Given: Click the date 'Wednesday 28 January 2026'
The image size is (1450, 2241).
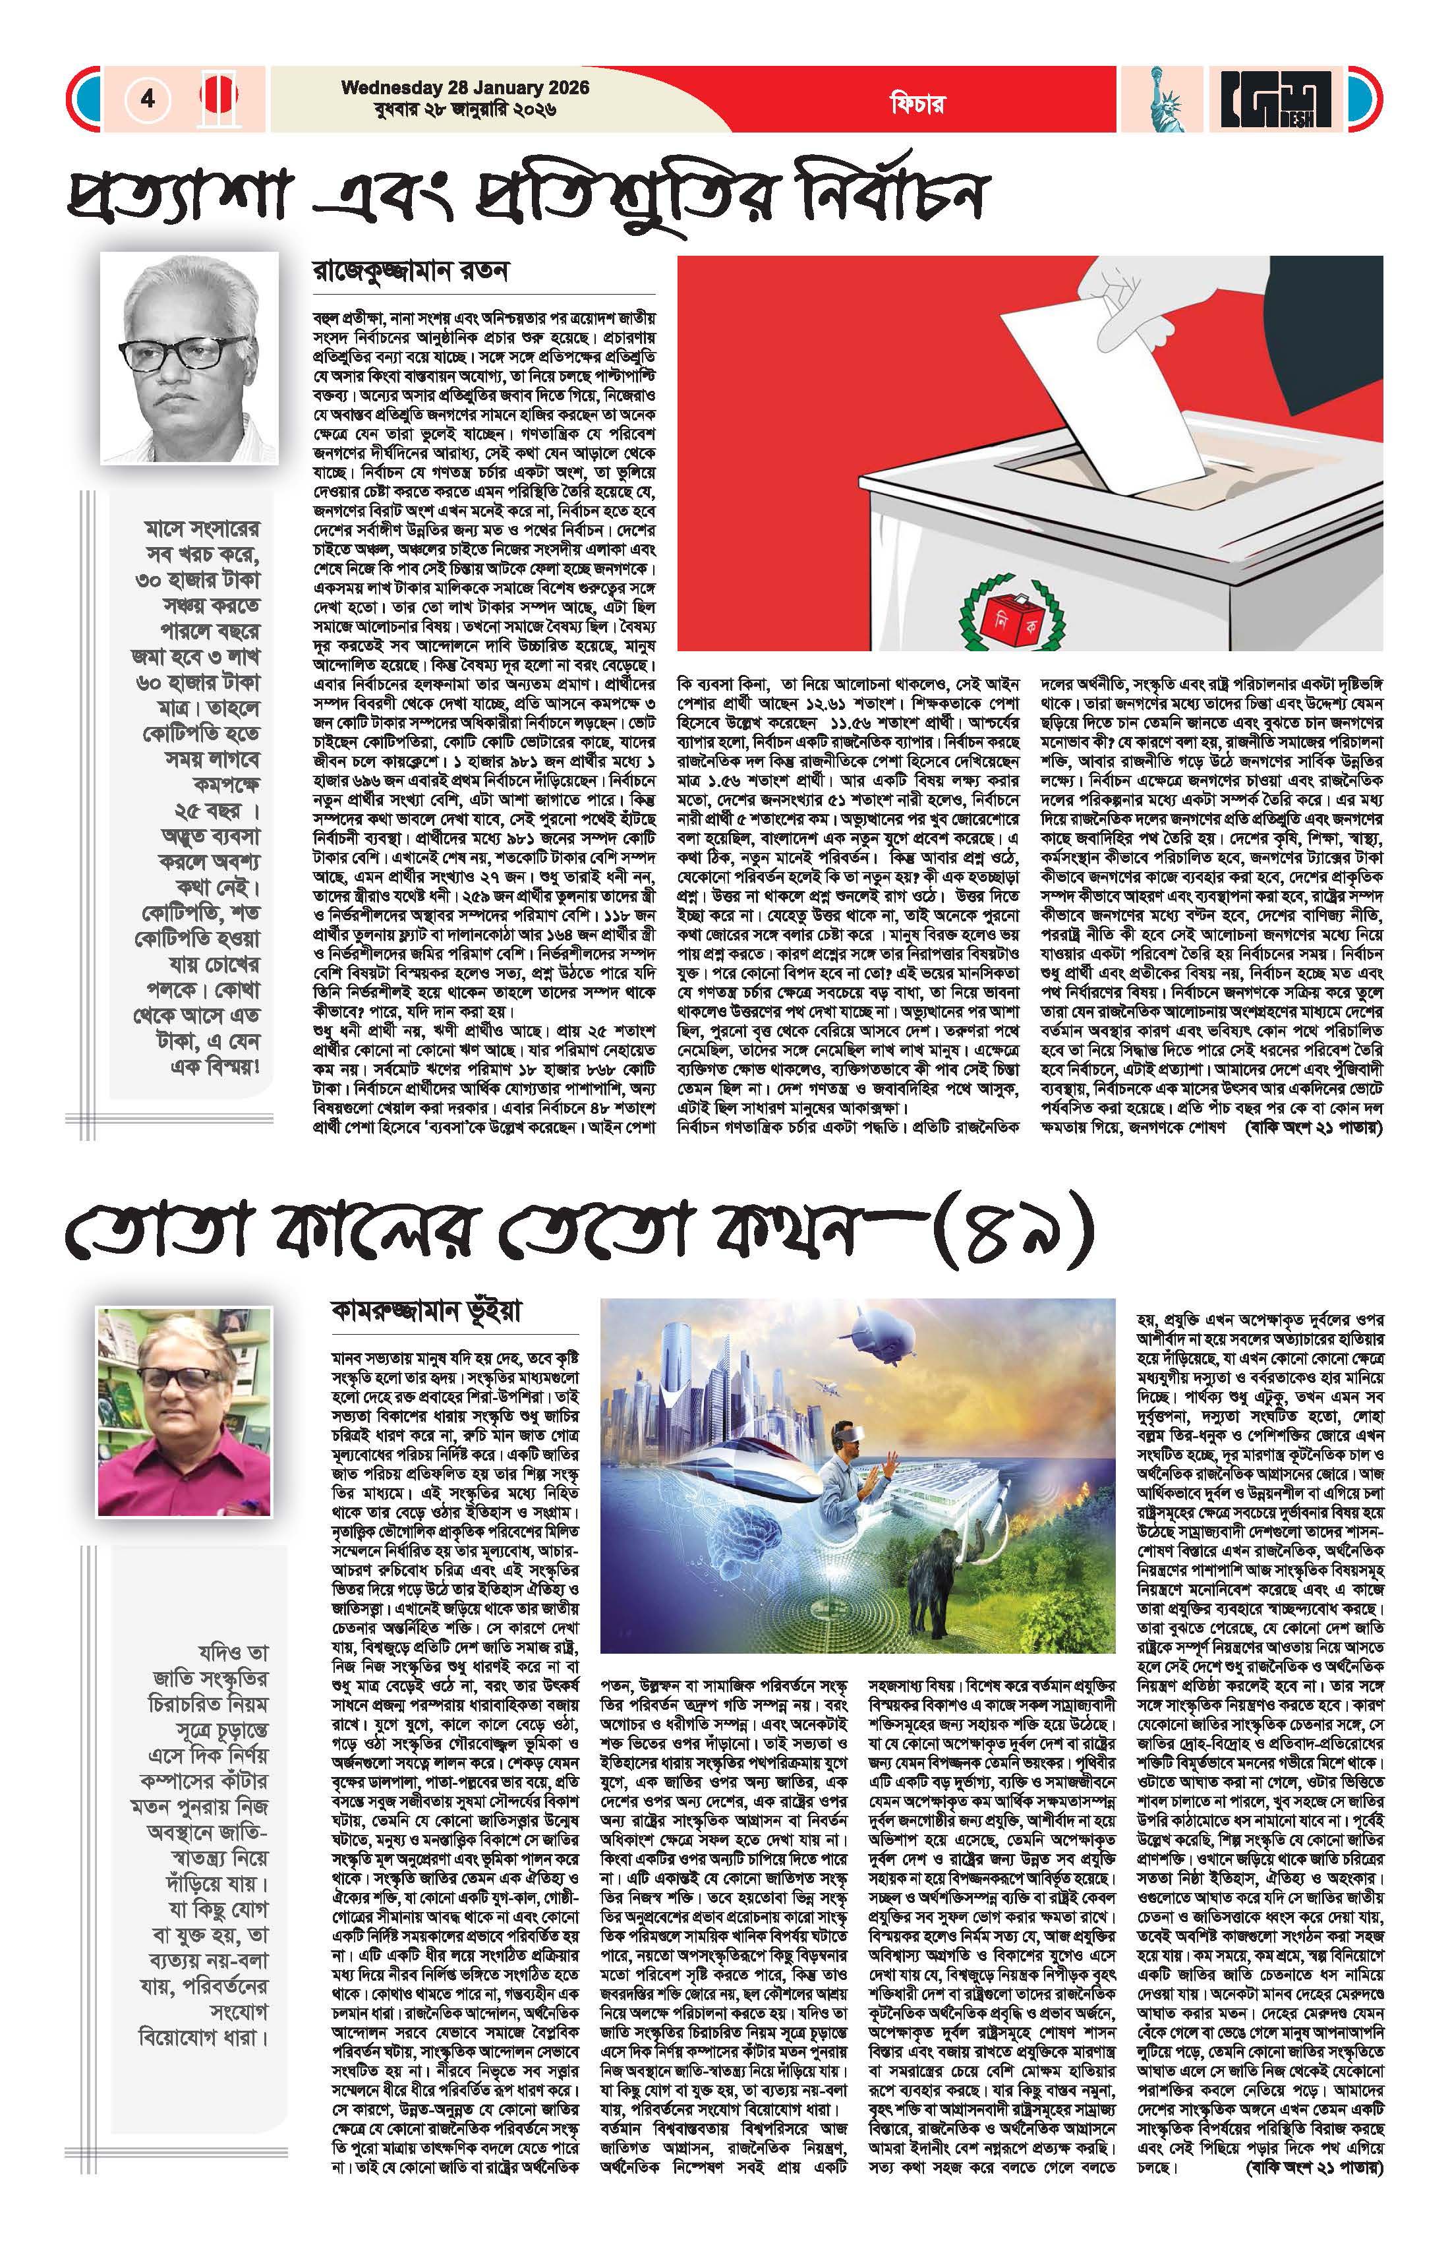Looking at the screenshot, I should click(465, 88).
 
